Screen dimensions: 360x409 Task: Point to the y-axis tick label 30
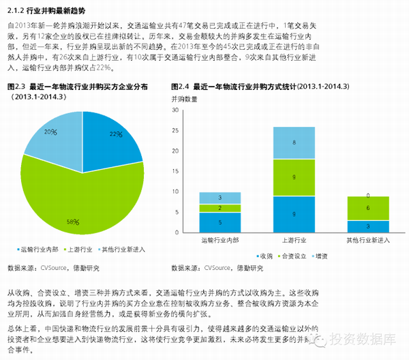click(175, 110)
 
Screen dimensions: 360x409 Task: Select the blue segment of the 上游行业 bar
click(294, 214)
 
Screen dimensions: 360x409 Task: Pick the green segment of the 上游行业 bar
click(294, 177)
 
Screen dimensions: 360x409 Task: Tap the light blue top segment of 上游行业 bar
click(294, 142)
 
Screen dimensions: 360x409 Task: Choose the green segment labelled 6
click(367, 209)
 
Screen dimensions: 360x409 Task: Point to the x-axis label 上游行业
click(294, 241)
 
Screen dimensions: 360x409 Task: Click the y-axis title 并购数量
click(185, 100)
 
